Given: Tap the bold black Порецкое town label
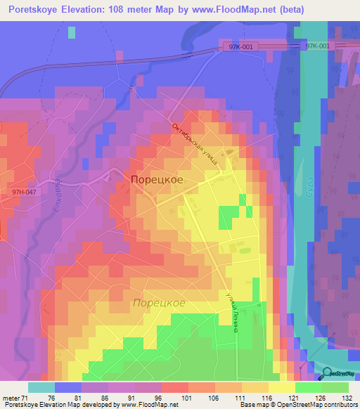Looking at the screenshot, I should (x=157, y=180).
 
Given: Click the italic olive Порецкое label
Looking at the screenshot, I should (x=159, y=303).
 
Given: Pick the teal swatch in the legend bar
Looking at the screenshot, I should (x=41, y=387).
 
